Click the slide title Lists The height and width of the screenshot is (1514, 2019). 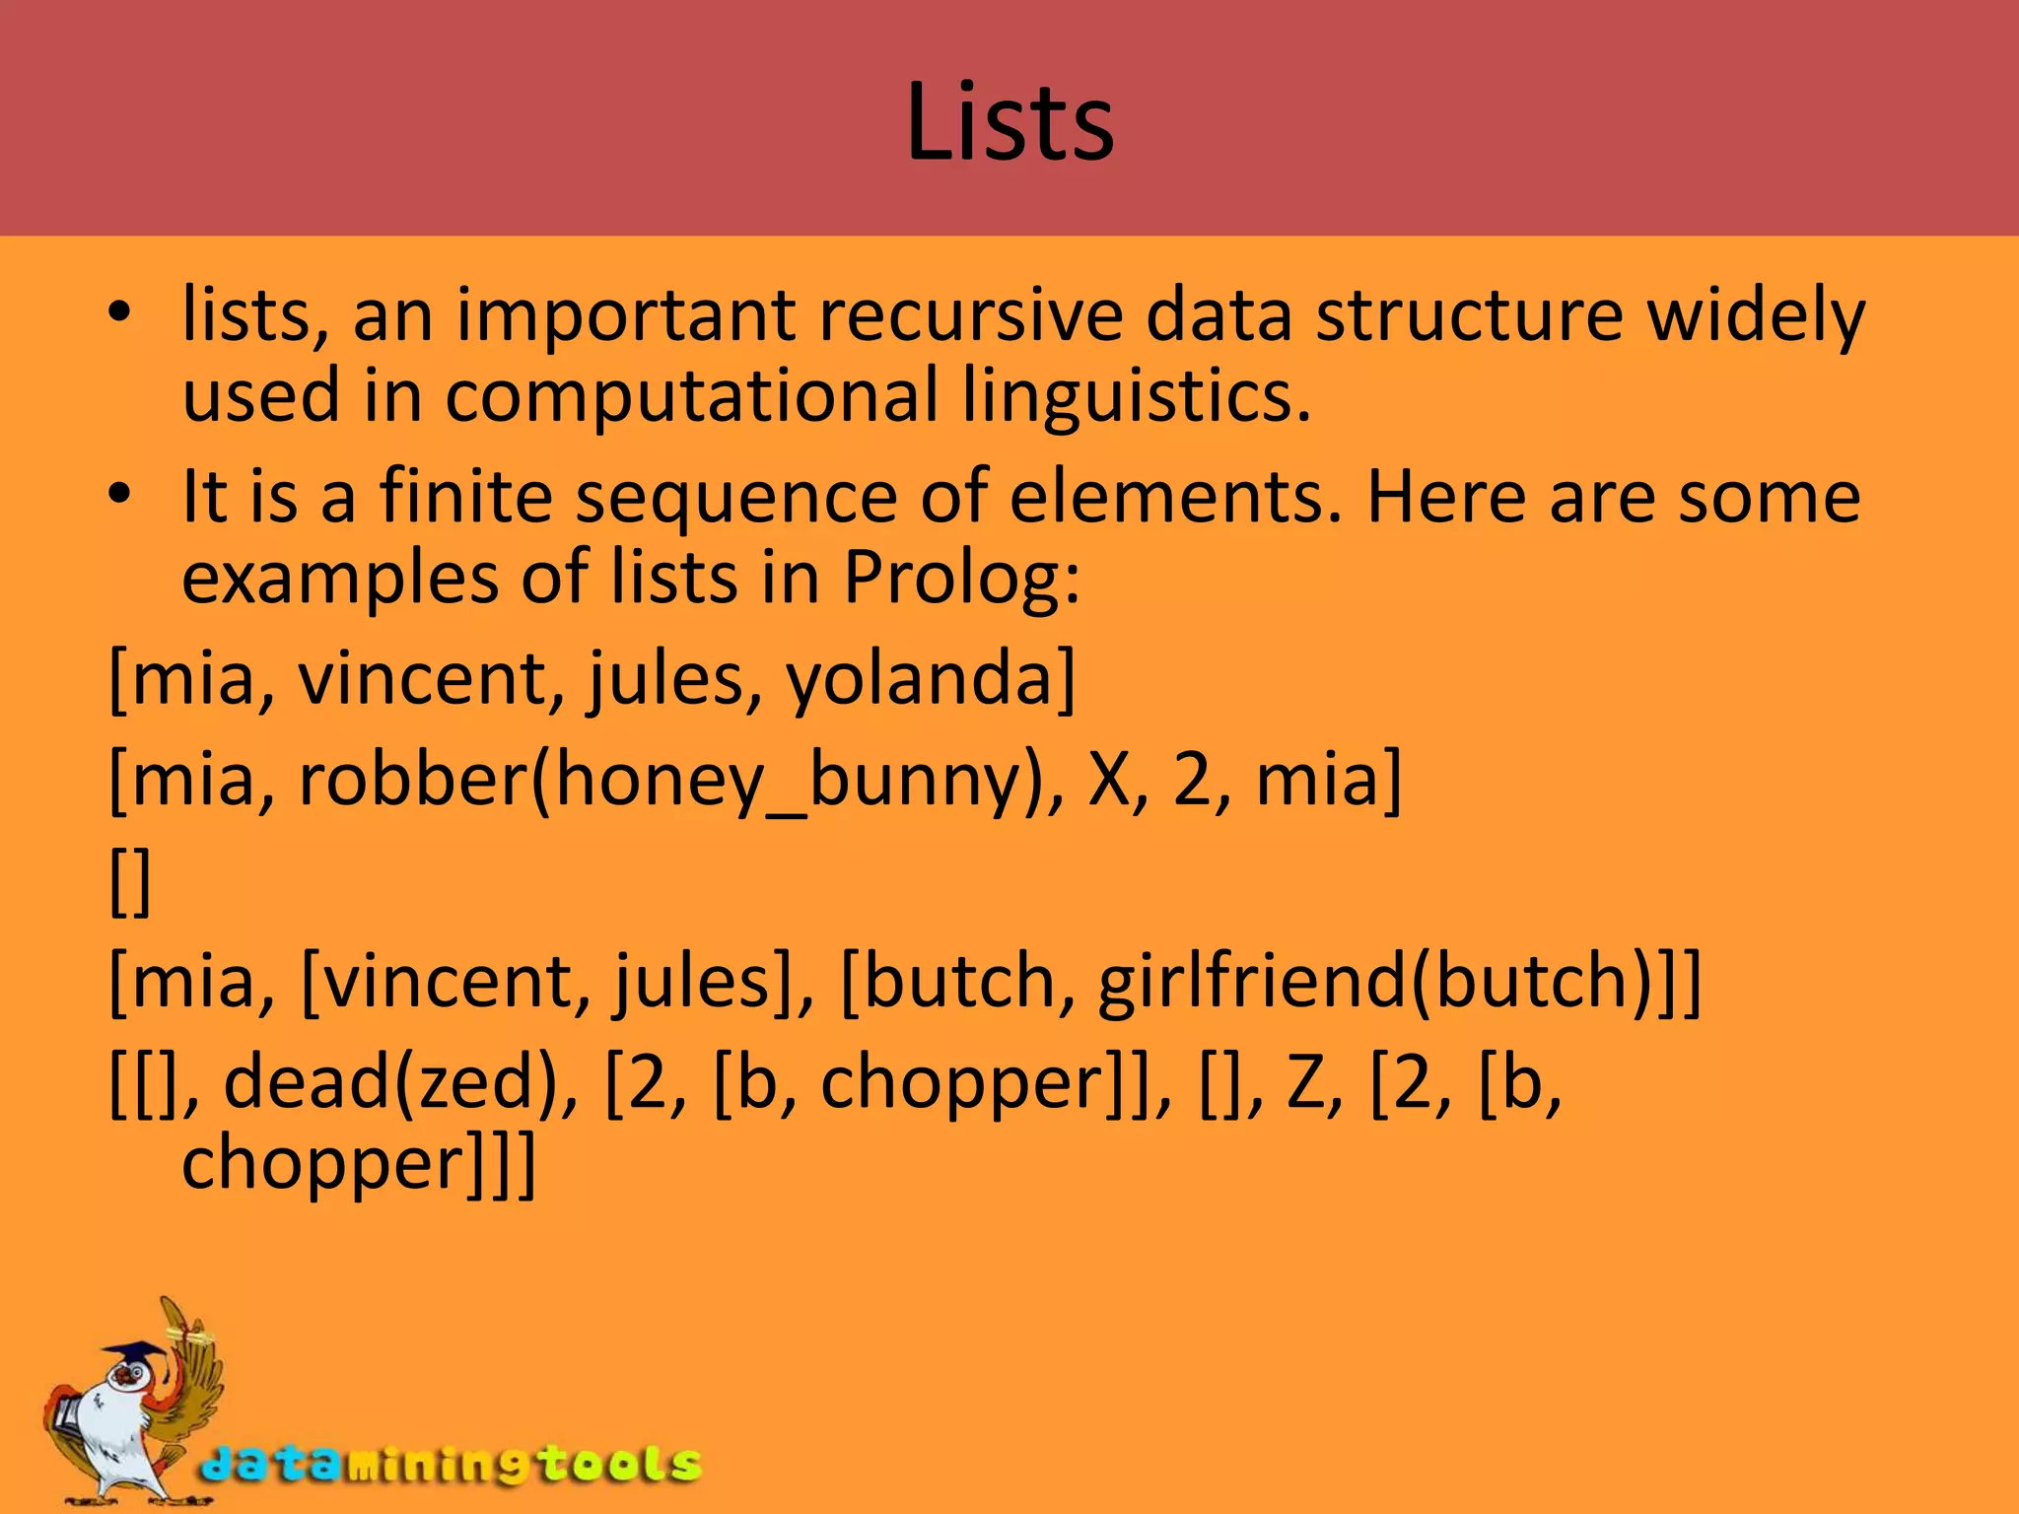[x=1009, y=122]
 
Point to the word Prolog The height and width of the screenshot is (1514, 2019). [x=960, y=578]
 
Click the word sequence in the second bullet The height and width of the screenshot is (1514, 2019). [x=735, y=497]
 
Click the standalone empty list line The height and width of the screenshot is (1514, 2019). [x=130, y=881]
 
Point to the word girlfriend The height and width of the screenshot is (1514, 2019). [x=1252, y=982]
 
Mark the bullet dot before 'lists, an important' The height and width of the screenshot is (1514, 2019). [x=119, y=314]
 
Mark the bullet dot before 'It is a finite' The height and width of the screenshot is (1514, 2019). [x=119, y=496]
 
